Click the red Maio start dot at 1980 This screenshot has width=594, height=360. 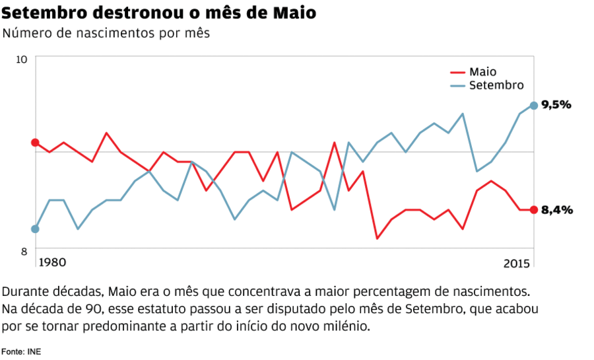click(35, 142)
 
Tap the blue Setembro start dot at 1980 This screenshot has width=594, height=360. click(35, 229)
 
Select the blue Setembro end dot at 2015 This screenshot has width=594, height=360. click(533, 105)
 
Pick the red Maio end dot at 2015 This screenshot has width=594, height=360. click(533, 210)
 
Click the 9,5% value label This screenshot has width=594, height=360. click(556, 105)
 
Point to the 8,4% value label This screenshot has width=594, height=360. click(556, 210)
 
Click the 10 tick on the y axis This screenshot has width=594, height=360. click(22, 59)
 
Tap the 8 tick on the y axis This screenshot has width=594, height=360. click(24, 251)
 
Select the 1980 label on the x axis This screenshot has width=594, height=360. click(52, 262)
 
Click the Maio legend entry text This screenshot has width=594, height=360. click(482, 72)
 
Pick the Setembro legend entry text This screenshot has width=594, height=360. click(496, 85)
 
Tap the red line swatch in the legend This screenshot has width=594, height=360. click(458, 72)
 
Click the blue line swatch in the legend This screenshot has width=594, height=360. click(458, 85)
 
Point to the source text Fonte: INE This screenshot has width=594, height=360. click(21, 351)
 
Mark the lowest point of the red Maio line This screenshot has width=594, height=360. click(378, 238)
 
